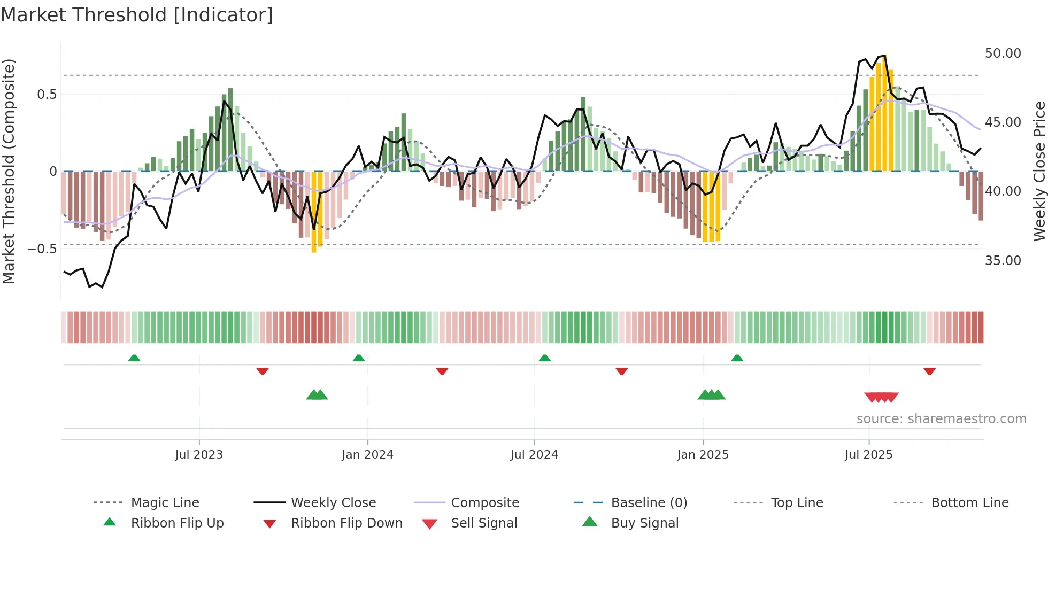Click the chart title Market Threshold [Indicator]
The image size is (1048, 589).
click(x=137, y=15)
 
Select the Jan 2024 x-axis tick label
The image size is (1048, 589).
click(x=367, y=455)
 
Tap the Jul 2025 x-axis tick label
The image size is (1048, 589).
click(x=868, y=455)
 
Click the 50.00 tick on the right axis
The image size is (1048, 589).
click(x=1003, y=53)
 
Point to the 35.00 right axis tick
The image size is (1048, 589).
click(x=1003, y=261)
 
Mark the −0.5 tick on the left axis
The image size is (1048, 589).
click(x=42, y=249)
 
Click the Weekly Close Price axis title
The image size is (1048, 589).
click(x=1038, y=171)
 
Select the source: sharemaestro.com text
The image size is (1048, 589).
click(x=941, y=419)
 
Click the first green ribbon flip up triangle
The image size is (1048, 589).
click(x=134, y=358)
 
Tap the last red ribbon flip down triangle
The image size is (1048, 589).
click(x=929, y=371)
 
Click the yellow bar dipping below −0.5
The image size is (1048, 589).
click(x=314, y=214)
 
